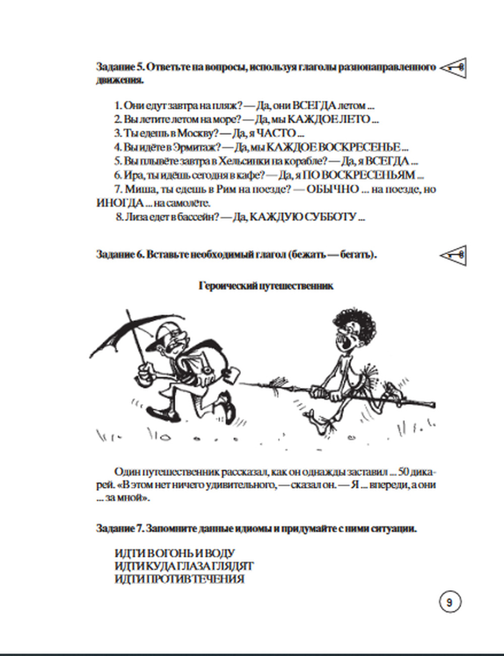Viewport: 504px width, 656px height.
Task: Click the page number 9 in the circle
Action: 450,602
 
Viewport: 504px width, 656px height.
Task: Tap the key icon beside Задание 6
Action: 453,255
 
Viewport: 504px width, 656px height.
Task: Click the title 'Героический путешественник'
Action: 266,286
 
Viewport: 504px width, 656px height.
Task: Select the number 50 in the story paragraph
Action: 403,472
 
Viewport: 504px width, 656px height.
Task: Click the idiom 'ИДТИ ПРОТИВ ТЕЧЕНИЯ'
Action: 179,579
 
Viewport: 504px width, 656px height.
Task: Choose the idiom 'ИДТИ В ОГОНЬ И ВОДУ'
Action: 174,554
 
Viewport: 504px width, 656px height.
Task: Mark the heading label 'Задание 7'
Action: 119,529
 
